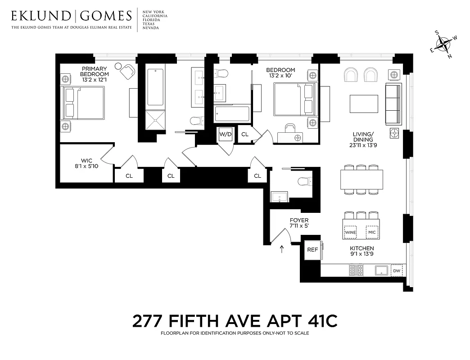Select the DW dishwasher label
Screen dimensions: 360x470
(x=396, y=270)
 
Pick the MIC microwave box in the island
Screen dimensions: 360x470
(x=371, y=232)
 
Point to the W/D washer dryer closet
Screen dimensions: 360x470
(x=225, y=134)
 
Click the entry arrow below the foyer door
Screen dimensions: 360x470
(x=282, y=249)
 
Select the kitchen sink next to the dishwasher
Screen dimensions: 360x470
(x=382, y=270)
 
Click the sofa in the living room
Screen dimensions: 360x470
(x=393, y=104)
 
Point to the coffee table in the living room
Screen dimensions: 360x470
(x=364, y=104)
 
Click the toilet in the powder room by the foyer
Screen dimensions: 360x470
(x=303, y=181)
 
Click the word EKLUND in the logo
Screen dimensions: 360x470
(x=41, y=17)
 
